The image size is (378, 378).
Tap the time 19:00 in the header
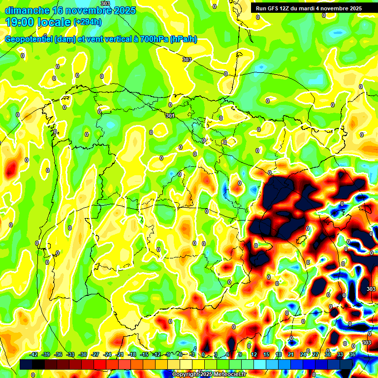[x=19, y=22]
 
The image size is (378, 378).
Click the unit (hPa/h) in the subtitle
[x=183, y=39]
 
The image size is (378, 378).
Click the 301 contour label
[x=170, y=116]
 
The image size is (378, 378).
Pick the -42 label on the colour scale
[x=34, y=354]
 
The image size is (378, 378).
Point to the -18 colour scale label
[x=131, y=354]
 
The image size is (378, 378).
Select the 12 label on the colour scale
[x=253, y=354]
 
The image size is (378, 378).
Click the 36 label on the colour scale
[x=352, y=354]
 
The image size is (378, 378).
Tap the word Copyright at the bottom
[x=186, y=375]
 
